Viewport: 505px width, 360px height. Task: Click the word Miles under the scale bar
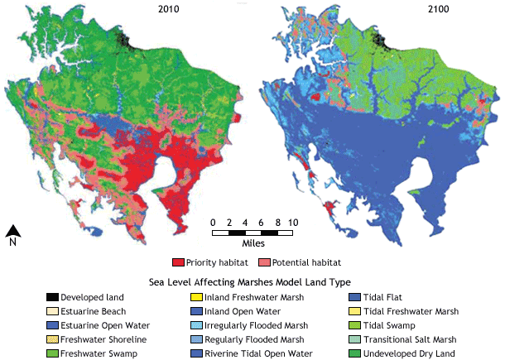tap(253, 245)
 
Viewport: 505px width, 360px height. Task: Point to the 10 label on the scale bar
tap(293, 222)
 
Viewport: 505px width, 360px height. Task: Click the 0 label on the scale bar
tap(214, 222)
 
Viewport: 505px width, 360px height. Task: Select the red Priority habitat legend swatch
tap(177, 262)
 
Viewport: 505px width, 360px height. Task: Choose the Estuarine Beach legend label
tap(94, 311)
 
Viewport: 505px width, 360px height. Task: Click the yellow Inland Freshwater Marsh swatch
tap(198, 297)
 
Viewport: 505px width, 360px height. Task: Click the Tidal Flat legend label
tap(394, 297)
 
